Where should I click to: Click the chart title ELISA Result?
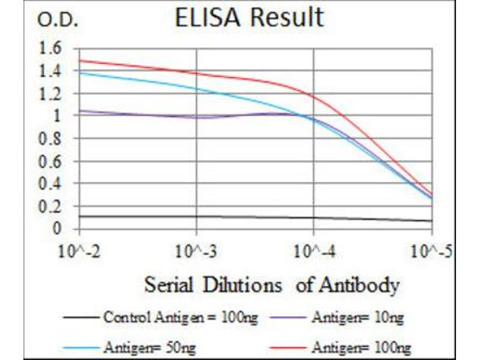[248, 18]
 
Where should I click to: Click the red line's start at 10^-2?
[80, 60]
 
